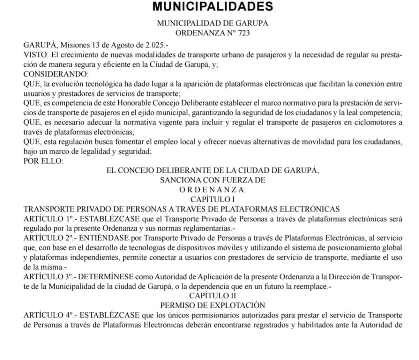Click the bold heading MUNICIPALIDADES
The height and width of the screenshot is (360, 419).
coord(212,7)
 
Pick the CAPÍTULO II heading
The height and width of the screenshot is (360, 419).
coord(213,295)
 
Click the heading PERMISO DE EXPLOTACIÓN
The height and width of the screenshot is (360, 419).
coord(213,305)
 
